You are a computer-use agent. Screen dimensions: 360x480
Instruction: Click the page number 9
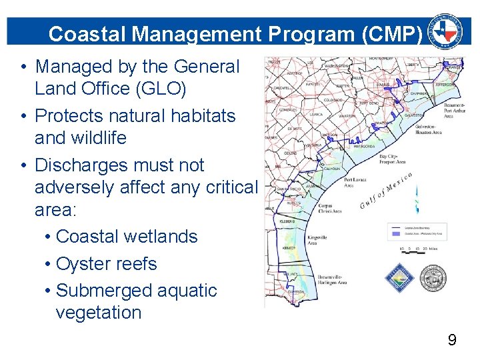[x=452, y=341]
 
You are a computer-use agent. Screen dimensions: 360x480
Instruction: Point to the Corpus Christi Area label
[x=330, y=207]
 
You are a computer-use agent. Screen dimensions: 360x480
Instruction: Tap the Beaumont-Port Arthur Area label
[x=449, y=109]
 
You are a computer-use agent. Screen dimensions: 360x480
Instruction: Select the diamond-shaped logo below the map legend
[x=400, y=279]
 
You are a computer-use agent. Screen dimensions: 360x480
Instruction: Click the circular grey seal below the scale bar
[x=433, y=279]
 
